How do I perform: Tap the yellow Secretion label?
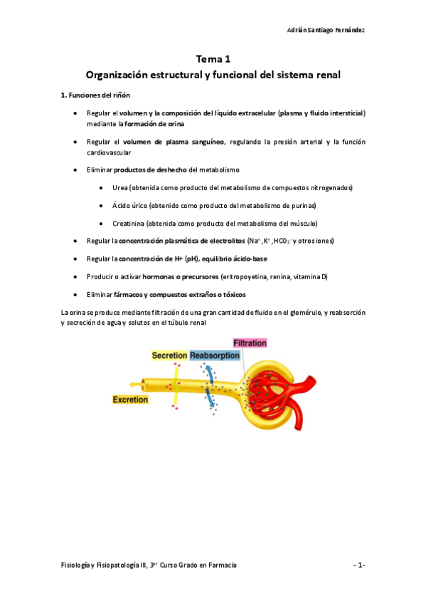coord(169,355)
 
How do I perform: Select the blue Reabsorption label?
coord(214,355)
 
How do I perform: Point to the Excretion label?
coord(130,400)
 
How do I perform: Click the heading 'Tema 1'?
coord(213,59)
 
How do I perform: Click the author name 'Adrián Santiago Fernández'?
coord(326,30)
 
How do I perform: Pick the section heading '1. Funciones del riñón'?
coord(95,95)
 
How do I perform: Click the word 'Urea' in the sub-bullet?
coord(119,187)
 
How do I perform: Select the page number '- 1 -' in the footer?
coord(359,565)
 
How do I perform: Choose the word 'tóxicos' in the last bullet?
coord(233,294)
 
